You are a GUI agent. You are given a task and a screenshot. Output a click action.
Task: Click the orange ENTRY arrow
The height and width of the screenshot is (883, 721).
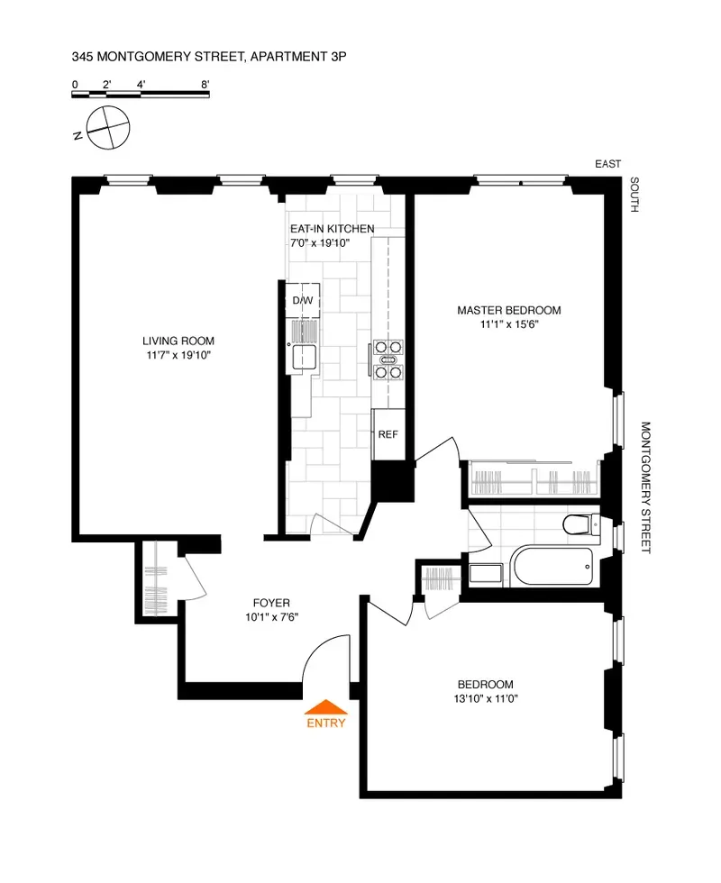coord(325,707)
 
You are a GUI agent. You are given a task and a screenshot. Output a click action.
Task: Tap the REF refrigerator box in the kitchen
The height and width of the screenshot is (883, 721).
coord(388,434)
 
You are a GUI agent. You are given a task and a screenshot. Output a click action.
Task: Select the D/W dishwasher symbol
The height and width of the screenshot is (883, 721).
coord(302,301)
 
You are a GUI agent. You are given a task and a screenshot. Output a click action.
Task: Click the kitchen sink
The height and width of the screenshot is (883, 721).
coord(301,358)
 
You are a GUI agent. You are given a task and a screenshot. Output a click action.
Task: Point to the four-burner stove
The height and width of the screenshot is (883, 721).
coord(388,358)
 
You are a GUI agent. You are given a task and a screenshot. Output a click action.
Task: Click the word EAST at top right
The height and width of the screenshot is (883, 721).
coord(608,164)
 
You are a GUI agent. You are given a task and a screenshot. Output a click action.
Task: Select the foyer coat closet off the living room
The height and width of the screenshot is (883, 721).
coord(157,581)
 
